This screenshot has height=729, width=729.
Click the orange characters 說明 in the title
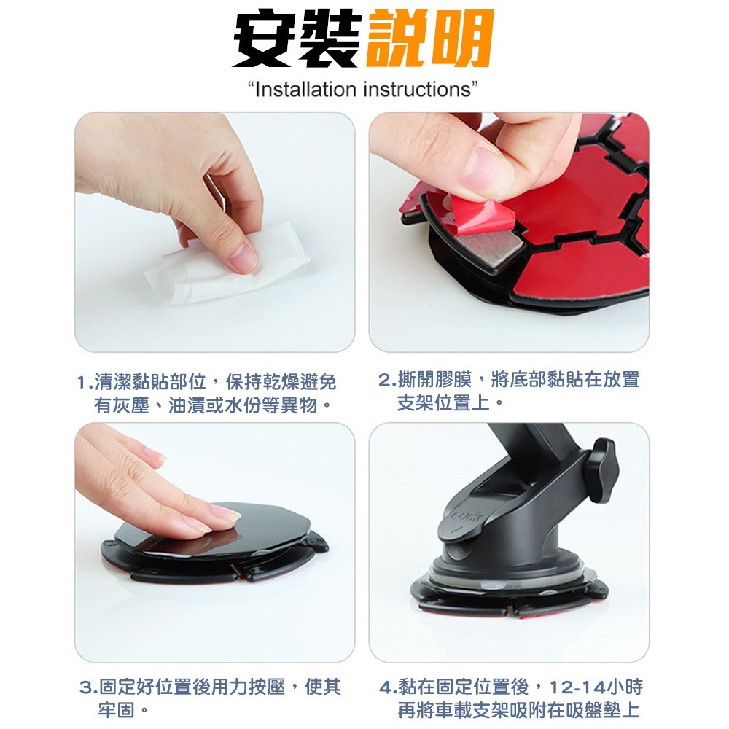[429, 39]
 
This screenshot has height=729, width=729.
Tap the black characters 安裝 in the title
[297, 39]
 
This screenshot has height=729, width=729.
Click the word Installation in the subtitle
[303, 90]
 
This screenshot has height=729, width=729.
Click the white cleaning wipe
[219, 268]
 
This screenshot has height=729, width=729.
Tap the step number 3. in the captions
[87, 687]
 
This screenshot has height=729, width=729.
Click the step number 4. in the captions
[388, 687]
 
